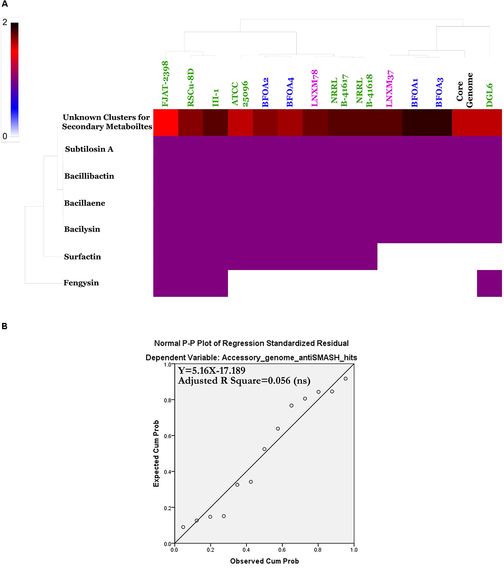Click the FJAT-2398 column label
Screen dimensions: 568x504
click(165, 84)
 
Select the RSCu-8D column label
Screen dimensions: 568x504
click(191, 87)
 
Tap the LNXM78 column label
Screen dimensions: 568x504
click(315, 88)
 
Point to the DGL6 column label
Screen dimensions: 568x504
click(489, 95)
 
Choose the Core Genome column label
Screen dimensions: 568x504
click(465, 90)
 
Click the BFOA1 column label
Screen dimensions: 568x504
click(415, 92)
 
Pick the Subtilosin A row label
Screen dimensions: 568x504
click(89, 149)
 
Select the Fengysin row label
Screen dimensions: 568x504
click(81, 283)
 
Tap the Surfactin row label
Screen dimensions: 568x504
click(82, 256)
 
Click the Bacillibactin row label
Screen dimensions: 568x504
click(89, 176)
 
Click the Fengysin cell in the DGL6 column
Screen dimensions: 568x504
click(489, 283)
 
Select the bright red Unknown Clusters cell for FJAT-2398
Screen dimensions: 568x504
click(165, 122)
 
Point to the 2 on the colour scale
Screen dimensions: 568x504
click(5, 22)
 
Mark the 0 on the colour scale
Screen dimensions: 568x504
click(5, 136)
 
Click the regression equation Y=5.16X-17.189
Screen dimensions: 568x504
click(212, 370)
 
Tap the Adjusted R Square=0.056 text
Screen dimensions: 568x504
click(244, 381)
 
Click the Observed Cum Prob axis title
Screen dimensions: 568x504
click(264, 561)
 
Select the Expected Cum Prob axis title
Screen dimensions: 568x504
click(156, 454)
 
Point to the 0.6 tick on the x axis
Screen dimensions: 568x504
click(282, 550)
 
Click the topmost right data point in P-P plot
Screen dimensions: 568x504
click(346, 379)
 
